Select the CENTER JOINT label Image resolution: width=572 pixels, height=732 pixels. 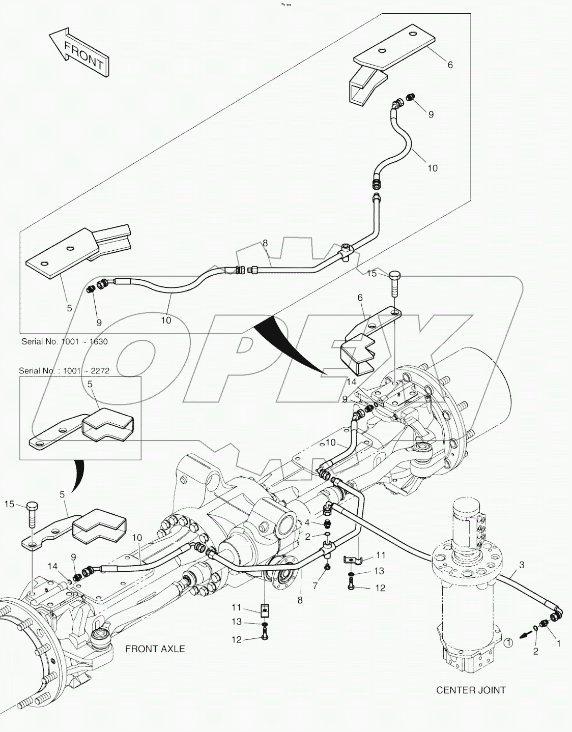471,690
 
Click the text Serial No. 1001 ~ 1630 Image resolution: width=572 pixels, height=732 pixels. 65,341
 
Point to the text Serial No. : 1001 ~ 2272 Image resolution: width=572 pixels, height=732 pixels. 64,371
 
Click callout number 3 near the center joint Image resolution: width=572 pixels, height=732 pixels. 522,565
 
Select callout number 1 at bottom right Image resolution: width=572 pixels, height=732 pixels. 558,643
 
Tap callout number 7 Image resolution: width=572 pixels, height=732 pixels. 315,586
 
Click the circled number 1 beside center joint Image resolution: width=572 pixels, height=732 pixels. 509,643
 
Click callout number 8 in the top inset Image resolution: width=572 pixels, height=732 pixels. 265,244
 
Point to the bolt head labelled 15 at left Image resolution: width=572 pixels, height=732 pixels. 32,507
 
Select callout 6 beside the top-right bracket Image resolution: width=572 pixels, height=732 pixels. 450,65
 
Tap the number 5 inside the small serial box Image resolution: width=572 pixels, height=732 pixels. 90,385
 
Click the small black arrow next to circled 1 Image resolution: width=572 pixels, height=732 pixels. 522,634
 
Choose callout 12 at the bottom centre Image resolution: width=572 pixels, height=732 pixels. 237,639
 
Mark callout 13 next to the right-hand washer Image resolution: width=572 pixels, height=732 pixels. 379,571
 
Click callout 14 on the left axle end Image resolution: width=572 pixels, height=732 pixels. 53,566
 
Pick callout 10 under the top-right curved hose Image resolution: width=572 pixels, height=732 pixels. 432,168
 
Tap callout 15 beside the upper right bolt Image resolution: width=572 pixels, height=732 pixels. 372,274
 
